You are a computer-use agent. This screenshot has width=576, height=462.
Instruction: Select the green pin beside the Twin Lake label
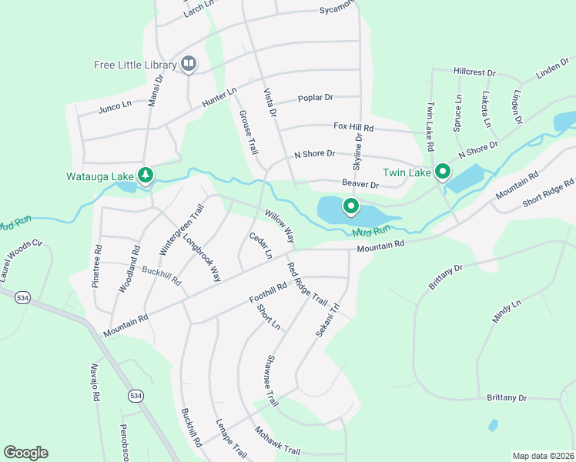(x=442, y=172)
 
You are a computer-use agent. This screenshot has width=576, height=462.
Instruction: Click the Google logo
(x=25, y=453)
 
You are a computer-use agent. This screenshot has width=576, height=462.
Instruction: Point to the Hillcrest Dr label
(x=474, y=72)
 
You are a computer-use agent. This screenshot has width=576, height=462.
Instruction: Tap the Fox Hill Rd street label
(x=353, y=126)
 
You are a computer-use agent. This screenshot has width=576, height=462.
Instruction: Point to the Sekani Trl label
(x=328, y=318)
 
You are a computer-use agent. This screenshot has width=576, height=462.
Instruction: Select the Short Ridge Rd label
(x=548, y=193)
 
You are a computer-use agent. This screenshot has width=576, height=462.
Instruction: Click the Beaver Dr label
(x=361, y=185)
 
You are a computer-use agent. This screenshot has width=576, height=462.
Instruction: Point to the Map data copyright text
(x=542, y=456)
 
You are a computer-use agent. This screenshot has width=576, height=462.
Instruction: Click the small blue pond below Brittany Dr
(x=493, y=425)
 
